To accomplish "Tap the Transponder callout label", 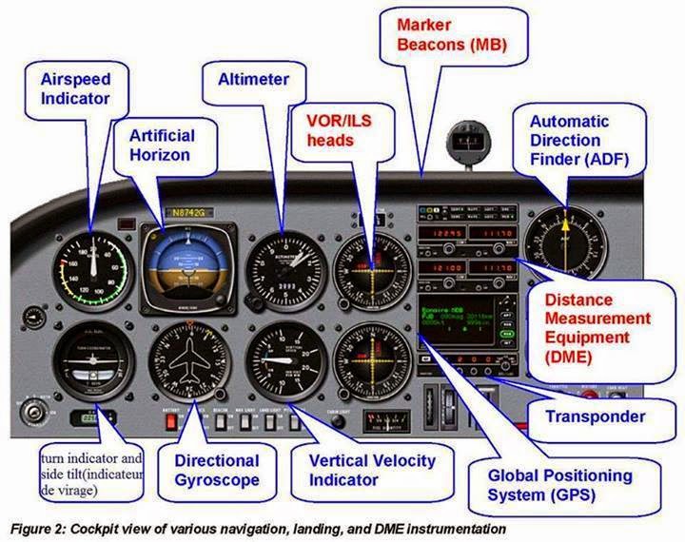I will [596, 416].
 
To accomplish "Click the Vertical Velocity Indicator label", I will [372, 470].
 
